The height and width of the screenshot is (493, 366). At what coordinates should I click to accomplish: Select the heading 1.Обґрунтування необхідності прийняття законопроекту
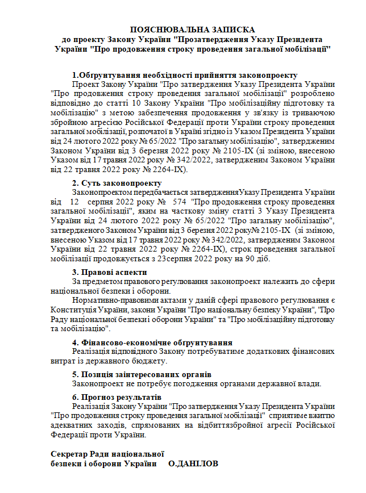pos(185,75)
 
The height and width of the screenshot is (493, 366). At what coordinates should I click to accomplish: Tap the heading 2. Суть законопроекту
pos(117,183)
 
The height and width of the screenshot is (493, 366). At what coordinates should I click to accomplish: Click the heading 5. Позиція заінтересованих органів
pos(142,374)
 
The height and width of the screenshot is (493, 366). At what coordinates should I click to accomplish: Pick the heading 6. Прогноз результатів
pos(117,396)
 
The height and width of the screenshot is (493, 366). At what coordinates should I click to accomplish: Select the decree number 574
pos(178,202)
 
